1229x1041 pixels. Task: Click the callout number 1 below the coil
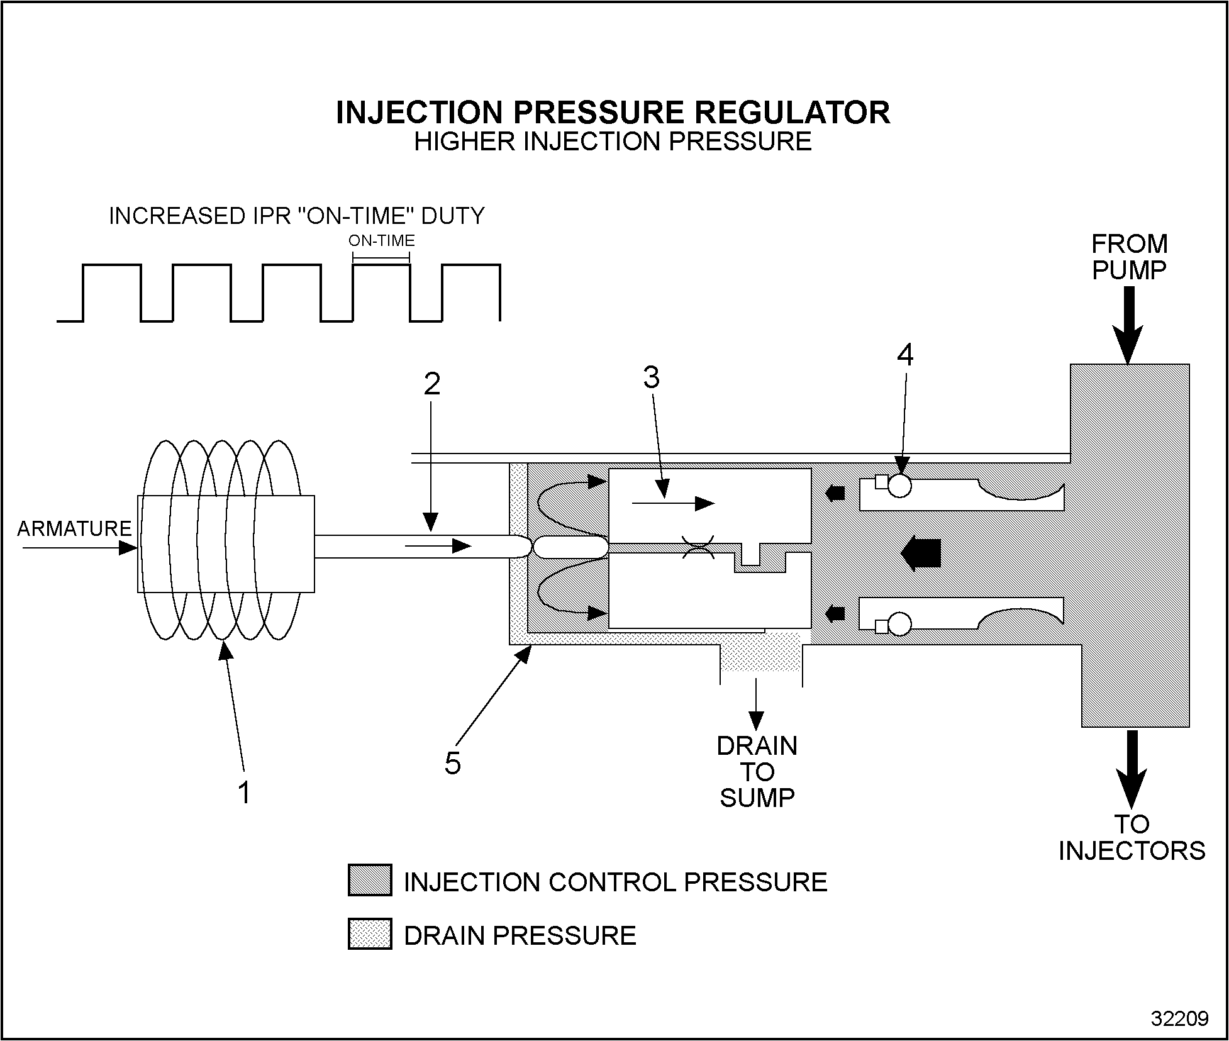pos(245,793)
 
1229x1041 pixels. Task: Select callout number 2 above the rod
pos(431,384)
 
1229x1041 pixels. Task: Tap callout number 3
pos(652,377)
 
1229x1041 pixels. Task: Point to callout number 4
pos(904,355)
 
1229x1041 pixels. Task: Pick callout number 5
pos(453,763)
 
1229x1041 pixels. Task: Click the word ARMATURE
pos(74,529)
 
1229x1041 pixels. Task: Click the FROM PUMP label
pos(1129,257)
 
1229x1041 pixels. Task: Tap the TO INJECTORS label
pos(1132,837)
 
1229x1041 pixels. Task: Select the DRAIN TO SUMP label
pos(757,772)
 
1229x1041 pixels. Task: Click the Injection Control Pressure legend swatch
pos(370,880)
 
